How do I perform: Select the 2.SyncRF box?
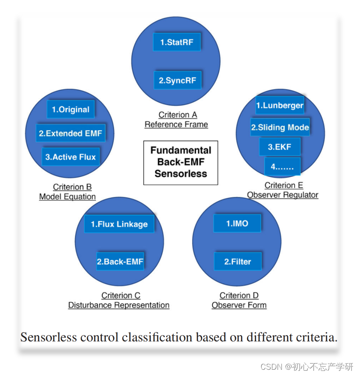click(178, 81)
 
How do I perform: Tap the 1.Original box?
click(71, 110)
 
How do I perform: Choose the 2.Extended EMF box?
click(71, 133)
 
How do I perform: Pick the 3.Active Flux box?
click(71, 157)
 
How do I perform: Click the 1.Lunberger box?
click(280, 105)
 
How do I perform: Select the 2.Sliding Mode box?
click(280, 128)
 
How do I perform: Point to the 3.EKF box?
click(280, 147)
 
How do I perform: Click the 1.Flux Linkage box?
click(119, 224)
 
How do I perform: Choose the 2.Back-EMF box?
click(120, 261)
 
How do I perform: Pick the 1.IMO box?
click(237, 224)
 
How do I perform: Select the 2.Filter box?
click(238, 261)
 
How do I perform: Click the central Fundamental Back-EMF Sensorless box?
click(181, 162)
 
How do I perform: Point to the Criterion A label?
click(178, 115)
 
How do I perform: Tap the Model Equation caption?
click(68, 196)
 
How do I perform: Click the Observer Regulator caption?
click(282, 195)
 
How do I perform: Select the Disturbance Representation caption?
click(119, 305)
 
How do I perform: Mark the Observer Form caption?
click(239, 305)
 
